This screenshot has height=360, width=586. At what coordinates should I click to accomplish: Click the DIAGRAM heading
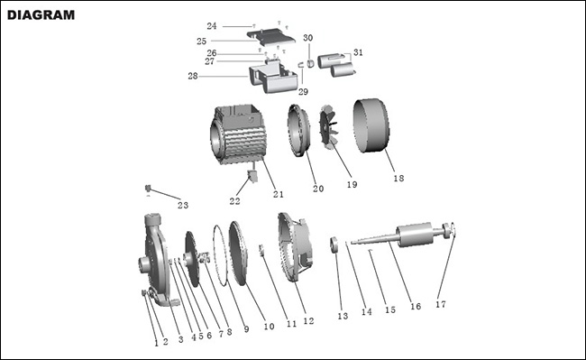tap(41, 15)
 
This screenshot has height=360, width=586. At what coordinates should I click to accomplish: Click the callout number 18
tap(398, 179)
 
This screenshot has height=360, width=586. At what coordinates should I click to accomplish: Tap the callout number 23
tap(183, 205)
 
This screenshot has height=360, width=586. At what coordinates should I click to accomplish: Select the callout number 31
tap(358, 52)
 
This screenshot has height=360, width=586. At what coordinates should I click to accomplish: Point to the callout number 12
tap(308, 320)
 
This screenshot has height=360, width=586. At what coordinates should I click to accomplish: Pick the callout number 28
tap(192, 77)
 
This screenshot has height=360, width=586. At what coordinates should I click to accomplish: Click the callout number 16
tap(416, 307)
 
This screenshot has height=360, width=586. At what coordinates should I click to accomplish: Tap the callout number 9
tap(246, 329)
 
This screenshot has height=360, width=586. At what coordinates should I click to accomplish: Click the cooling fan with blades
tap(329, 127)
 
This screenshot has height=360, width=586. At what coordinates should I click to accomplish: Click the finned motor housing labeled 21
tap(238, 135)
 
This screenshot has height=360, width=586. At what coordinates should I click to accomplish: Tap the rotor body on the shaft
tap(414, 235)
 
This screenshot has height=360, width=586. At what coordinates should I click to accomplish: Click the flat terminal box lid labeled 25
tap(271, 37)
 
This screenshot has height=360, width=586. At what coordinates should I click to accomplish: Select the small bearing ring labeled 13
tap(334, 245)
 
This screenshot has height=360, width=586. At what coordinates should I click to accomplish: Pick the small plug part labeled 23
tap(148, 188)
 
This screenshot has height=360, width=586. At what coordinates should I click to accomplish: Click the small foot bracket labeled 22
tap(253, 176)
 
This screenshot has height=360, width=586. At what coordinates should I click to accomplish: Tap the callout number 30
tap(308, 38)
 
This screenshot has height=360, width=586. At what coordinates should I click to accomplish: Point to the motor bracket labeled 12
tap(295, 247)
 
